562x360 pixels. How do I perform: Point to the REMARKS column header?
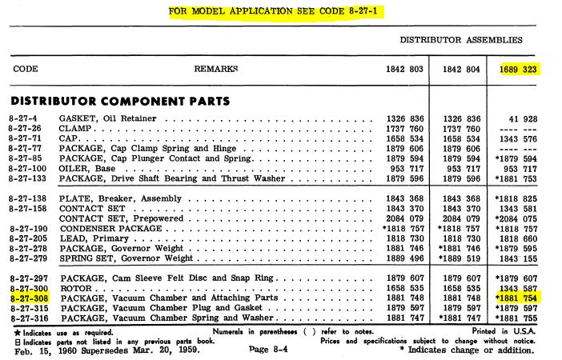click(x=216, y=70)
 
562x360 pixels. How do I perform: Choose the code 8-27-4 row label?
click(x=25, y=119)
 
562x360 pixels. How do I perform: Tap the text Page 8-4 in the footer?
click(x=273, y=350)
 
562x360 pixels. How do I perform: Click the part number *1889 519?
click(x=456, y=259)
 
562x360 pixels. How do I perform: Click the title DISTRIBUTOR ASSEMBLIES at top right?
click(x=462, y=40)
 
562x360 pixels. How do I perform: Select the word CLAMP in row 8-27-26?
click(x=77, y=129)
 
